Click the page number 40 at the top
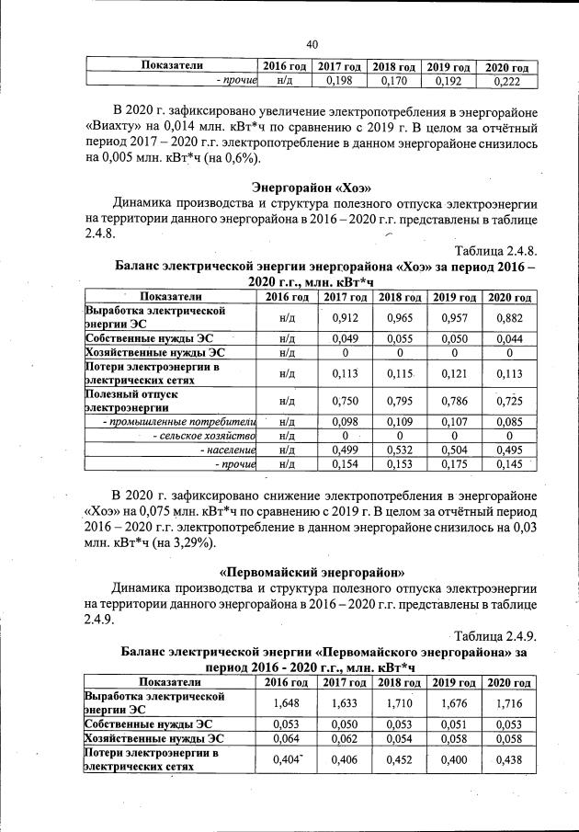pyautogui.click(x=312, y=44)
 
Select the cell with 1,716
pyautogui.click(x=508, y=701)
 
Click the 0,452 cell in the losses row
pyautogui.click(x=397, y=759)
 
